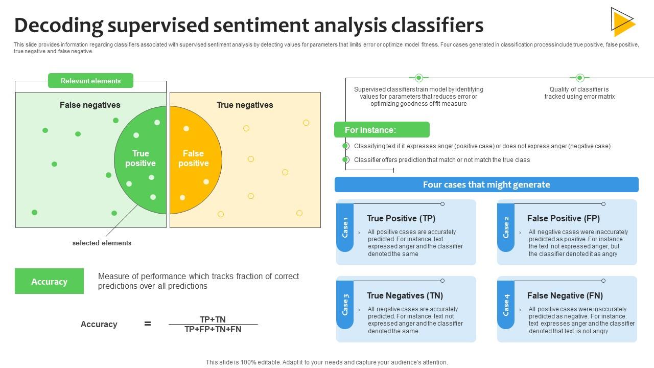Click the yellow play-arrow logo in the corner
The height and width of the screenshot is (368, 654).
point(622,22)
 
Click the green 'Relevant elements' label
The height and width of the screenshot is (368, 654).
point(90,81)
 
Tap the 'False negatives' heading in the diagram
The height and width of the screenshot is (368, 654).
point(90,105)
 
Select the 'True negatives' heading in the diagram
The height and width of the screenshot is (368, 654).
point(245,105)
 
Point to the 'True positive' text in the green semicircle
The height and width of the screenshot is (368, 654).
point(141,158)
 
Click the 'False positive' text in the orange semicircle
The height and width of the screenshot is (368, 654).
point(193,158)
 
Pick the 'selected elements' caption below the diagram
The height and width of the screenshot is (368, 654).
point(102,243)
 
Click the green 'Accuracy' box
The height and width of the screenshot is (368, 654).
point(49,281)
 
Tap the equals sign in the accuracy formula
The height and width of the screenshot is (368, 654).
point(148,324)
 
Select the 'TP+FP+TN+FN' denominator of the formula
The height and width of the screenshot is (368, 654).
point(213,330)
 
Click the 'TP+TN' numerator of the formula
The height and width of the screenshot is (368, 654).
point(213,319)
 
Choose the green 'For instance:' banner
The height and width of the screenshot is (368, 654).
point(382,130)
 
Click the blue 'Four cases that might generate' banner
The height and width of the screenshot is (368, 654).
point(486,185)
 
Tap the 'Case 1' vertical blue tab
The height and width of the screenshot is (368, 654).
point(345,227)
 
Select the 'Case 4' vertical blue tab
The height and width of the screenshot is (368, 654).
point(506,305)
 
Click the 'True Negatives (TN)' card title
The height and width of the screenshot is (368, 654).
point(405,295)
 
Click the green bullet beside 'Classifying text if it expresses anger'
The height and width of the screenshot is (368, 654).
point(346,146)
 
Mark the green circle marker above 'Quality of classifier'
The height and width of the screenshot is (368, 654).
point(579,78)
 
